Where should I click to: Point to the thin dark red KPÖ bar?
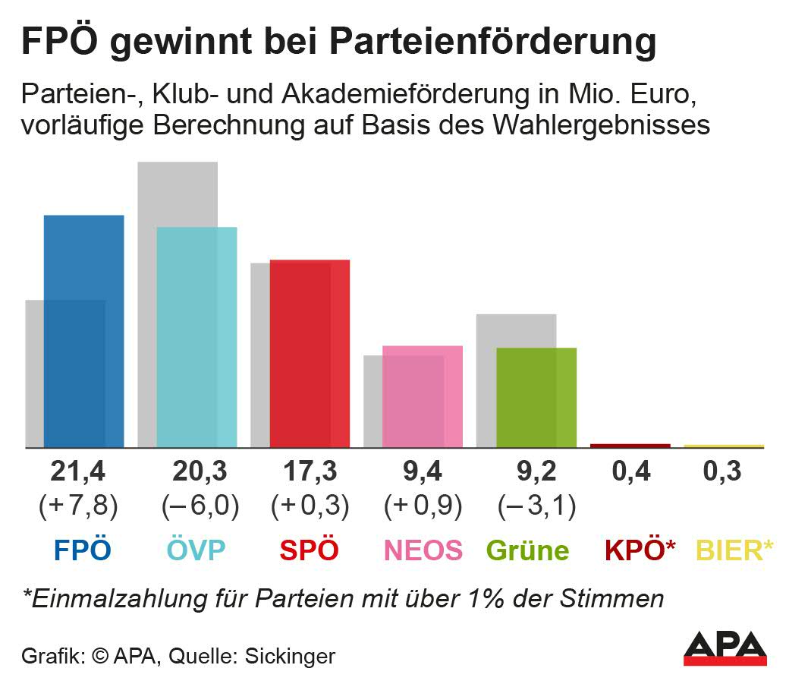pyautogui.click(x=630, y=446)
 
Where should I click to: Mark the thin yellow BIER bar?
pyautogui.click(x=724, y=446)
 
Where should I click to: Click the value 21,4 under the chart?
pyautogui.click(x=78, y=472)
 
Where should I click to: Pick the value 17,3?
pyautogui.click(x=310, y=472)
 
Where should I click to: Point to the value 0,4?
pyautogui.click(x=631, y=472)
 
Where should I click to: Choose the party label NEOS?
pyautogui.click(x=423, y=550)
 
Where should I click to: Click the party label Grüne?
pyautogui.click(x=527, y=550)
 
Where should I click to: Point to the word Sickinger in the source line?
pyautogui.click(x=290, y=656)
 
